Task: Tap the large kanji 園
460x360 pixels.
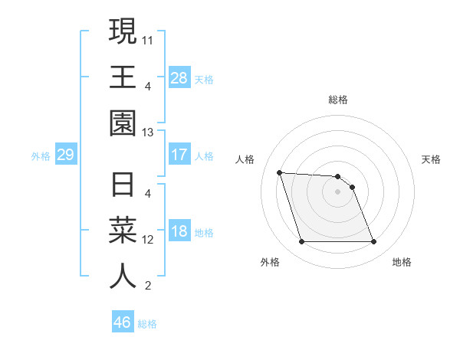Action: tap(123, 122)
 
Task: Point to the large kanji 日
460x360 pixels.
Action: tap(123, 186)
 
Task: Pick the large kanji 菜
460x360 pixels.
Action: tap(123, 231)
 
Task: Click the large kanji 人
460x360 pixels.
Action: tap(123, 277)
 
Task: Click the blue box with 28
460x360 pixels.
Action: tap(179, 77)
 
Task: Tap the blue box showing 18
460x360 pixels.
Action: tap(179, 232)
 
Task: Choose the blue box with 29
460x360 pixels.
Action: tap(65, 155)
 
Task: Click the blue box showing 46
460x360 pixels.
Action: tap(123, 322)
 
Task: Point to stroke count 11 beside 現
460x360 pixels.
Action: tap(149, 38)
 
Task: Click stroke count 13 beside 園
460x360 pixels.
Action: tap(149, 133)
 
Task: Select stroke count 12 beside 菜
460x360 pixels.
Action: tap(149, 240)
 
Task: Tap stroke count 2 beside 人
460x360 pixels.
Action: tap(148, 286)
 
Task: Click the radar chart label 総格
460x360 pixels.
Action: tap(338, 100)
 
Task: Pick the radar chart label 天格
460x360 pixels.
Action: tap(432, 159)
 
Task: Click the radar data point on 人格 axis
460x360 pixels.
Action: tap(280, 172)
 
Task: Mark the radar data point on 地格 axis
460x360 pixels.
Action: tap(373, 242)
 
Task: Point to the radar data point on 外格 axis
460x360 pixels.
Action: tap(301, 242)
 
